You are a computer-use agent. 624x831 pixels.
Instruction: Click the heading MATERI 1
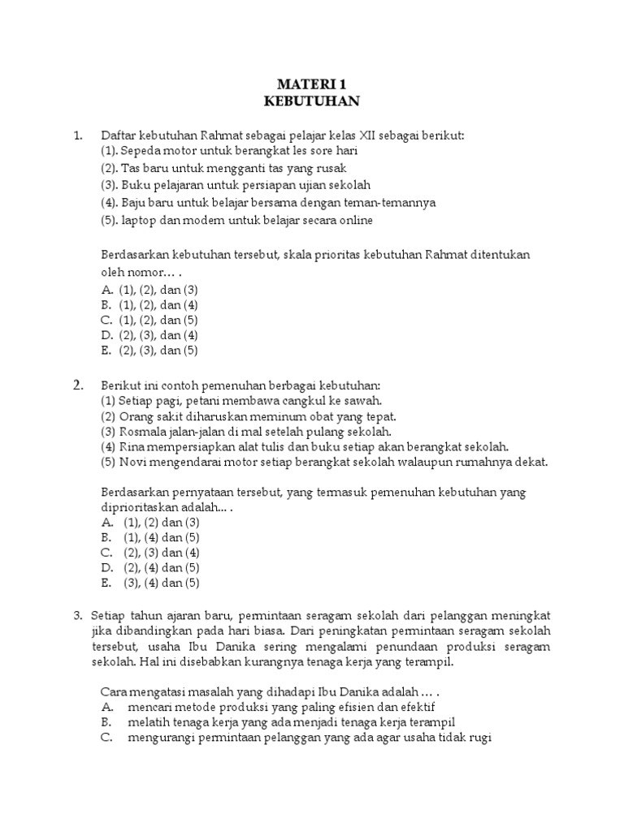click(311, 84)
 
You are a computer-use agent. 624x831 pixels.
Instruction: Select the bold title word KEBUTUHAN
click(311, 101)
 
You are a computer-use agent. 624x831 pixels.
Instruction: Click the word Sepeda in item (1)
click(141, 151)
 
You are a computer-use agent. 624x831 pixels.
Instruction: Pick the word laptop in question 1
click(139, 219)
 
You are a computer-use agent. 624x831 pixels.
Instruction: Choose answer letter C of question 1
click(106, 321)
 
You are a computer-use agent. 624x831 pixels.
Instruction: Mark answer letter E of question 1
click(106, 351)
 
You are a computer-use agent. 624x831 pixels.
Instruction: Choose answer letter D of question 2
click(106, 567)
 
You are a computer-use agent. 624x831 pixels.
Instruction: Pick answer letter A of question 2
click(106, 522)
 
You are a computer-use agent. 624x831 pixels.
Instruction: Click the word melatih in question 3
click(147, 722)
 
